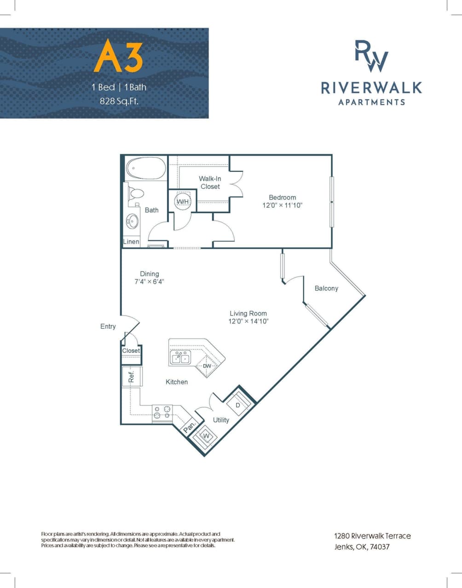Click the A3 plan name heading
(x=118, y=57)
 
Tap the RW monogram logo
(x=371, y=56)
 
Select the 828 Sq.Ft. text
(x=119, y=101)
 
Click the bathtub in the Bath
(x=146, y=169)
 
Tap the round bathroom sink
(x=132, y=221)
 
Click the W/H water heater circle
(x=183, y=201)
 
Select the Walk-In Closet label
(x=210, y=182)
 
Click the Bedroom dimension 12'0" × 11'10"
(x=283, y=205)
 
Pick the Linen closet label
(x=131, y=242)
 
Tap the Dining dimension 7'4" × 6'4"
(x=149, y=282)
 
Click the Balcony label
(x=326, y=288)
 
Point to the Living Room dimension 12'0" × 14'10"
(x=248, y=321)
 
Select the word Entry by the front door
(x=108, y=327)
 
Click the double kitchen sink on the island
(x=181, y=357)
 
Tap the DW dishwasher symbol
(x=207, y=366)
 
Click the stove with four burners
(x=162, y=412)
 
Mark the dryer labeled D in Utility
(x=238, y=405)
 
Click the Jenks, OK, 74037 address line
(x=362, y=547)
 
